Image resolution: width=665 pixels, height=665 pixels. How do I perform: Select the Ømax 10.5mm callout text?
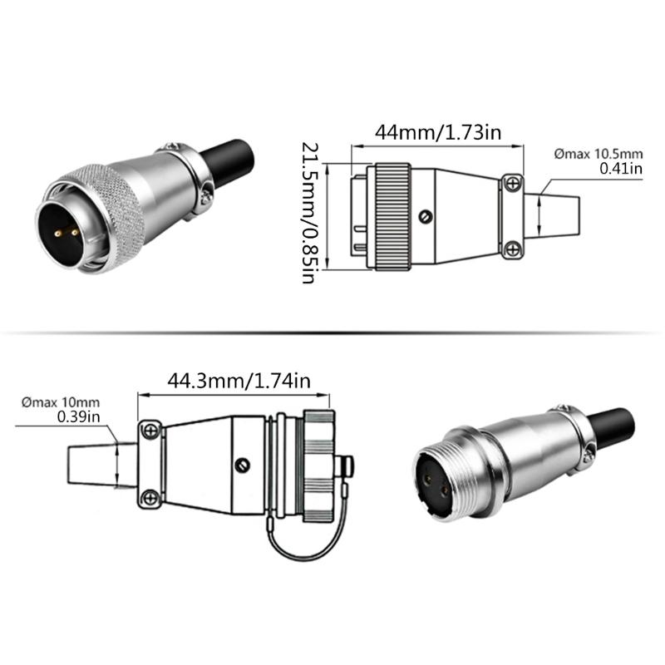coord(598,154)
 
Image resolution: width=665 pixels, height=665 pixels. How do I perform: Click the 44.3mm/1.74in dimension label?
coord(239,381)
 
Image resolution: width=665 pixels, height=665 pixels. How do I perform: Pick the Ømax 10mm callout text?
coord(61,402)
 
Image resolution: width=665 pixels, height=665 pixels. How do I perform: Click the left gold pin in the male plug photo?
coord(59,234)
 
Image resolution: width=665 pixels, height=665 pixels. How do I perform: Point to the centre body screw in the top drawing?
coord(426,217)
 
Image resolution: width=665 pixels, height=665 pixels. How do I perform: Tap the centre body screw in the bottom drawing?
coord(244,465)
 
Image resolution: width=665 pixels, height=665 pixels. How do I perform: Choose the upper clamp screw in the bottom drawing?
coord(150,430)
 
